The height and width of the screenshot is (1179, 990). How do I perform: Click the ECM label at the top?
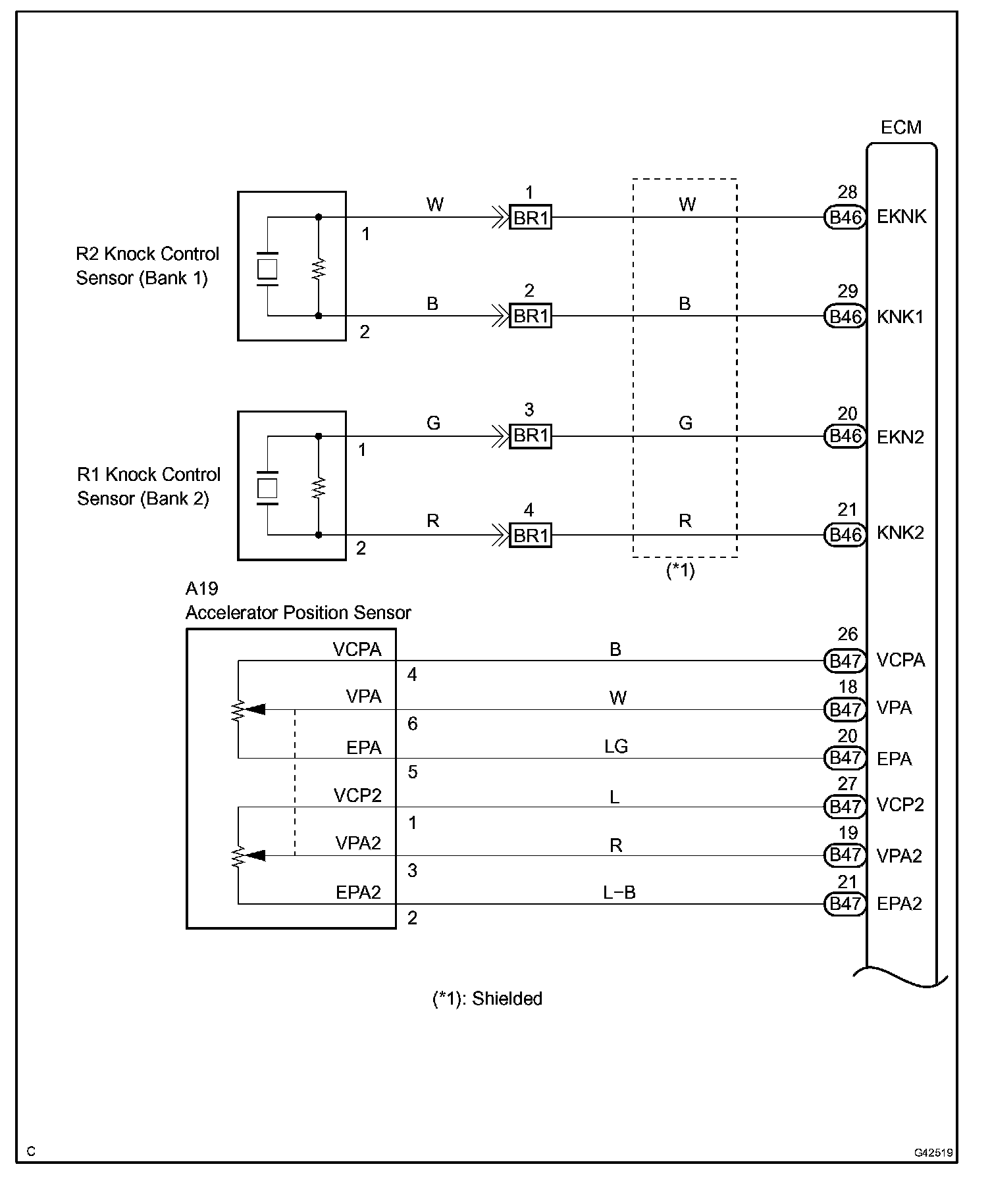click(x=900, y=128)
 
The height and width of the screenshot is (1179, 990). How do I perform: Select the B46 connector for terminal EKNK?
click(x=845, y=217)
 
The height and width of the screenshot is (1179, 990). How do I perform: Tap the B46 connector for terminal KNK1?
click(x=845, y=316)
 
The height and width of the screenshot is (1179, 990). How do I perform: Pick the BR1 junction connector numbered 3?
click(x=531, y=436)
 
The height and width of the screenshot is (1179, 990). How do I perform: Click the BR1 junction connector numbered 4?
click(x=531, y=536)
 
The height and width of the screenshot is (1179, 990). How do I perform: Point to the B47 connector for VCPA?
click(x=845, y=661)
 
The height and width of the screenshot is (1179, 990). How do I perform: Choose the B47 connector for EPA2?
click(x=845, y=904)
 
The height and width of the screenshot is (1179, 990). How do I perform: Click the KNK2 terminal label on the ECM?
click(x=900, y=533)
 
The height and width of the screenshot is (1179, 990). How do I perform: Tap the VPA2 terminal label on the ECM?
click(x=899, y=855)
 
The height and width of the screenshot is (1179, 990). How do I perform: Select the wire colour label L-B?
click(x=619, y=893)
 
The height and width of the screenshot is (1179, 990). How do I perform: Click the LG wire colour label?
click(x=616, y=746)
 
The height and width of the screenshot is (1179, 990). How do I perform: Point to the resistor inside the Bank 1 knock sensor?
click(x=319, y=268)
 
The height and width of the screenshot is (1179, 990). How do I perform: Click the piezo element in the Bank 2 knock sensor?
click(x=267, y=488)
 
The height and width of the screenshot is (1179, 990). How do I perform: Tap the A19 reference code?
click(x=201, y=589)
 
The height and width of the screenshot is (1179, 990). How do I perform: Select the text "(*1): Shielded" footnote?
click(x=487, y=999)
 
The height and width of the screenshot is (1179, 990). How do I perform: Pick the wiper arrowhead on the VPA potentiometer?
click(x=256, y=709)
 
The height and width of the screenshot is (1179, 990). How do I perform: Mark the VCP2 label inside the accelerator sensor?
click(x=357, y=796)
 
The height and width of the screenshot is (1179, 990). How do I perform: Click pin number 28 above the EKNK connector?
click(x=847, y=192)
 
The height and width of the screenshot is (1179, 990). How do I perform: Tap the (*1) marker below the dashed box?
click(x=681, y=570)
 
